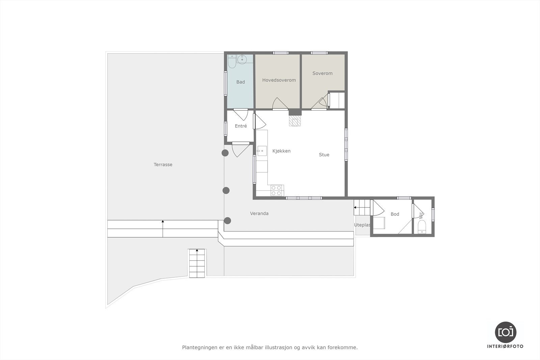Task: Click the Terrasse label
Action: tap(163, 165)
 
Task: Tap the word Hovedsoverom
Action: tap(279, 80)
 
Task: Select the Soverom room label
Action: tap(322, 73)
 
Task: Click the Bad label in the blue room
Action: tap(240, 82)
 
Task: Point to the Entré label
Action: tap(241, 126)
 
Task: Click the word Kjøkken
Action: tap(281, 151)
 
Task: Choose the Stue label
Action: tap(324, 155)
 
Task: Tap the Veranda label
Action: tap(259, 214)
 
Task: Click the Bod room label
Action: tap(395, 214)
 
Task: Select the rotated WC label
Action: tap(421, 215)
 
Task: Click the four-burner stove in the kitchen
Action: tap(276, 191)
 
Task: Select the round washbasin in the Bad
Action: tap(242, 60)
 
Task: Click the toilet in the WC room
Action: tap(422, 228)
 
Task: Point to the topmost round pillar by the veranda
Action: tap(225, 153)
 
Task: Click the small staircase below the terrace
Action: tap(197, 264)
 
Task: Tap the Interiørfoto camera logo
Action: tap(505, 332)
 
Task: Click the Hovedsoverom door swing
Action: tap(279, 104)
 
